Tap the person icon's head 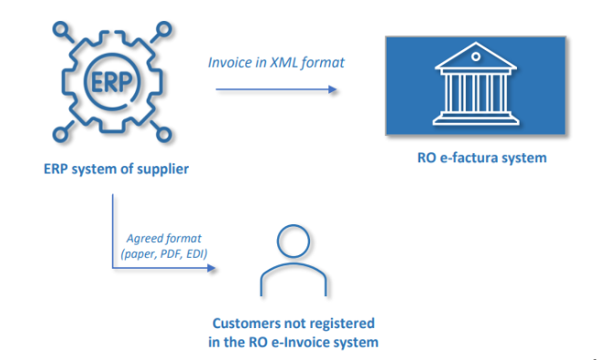tap(294, 244)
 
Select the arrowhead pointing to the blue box tap(333, 89)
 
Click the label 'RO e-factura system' tap(476, 159)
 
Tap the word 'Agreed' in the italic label tap(148, 238)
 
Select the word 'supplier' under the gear tap(166, 169)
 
